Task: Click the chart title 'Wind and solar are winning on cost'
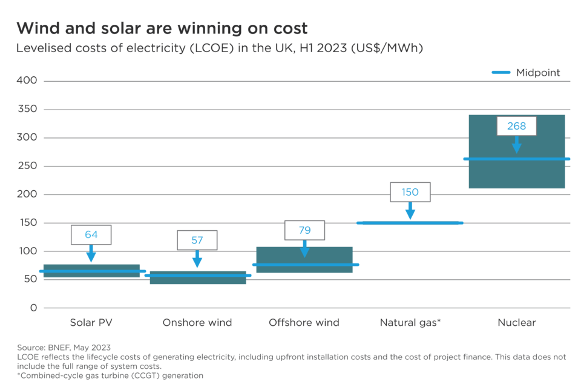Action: [x=162, y=28]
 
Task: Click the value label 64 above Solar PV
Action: [x=91, y=234]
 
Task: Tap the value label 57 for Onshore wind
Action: [x=197, y=240]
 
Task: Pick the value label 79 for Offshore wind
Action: [x=304, y=230]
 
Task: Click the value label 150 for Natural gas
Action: [x=410, y=192]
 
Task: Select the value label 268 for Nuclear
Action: [x=516, y=127]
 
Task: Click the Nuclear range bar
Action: [x=516, y=176]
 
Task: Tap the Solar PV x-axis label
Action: [x=91, y=322]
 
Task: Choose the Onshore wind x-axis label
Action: [x=197, y=322]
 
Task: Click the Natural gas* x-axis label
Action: [x=410, y=322]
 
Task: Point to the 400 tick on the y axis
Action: [x=28, y=81]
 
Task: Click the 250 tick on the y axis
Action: [x=28, y=166]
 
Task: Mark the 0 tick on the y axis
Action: [x=33, y=308]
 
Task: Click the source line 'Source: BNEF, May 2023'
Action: [x=64, y=348]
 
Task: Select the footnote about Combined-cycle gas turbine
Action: [x=111, y=375]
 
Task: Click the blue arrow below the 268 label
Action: [x=516, y=145]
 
